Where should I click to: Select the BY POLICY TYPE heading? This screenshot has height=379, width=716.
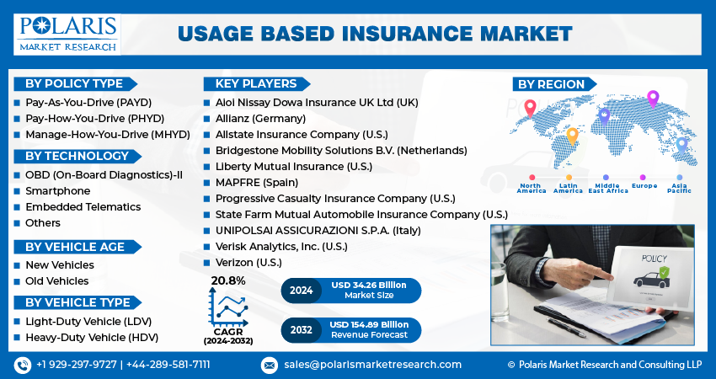coord(74,83)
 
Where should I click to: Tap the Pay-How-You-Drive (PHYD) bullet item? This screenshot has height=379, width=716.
coord(94,118)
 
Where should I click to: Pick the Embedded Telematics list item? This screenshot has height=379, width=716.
coord(83,206)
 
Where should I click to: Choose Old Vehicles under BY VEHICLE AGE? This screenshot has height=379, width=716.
coord(56,280)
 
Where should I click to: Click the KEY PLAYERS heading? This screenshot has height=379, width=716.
coord(255,83)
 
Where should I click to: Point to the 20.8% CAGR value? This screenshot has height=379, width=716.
coord(228,280)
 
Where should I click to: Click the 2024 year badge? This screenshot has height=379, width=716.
coord(301,291)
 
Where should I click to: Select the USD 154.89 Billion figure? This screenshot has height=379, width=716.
coord(369,324)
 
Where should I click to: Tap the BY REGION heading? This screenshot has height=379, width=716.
coord(551,83)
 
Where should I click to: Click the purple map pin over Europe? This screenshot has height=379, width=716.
coord(652,98)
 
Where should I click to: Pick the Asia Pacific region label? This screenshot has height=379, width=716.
coord(678,187)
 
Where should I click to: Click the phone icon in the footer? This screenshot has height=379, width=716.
coord(22,365)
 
